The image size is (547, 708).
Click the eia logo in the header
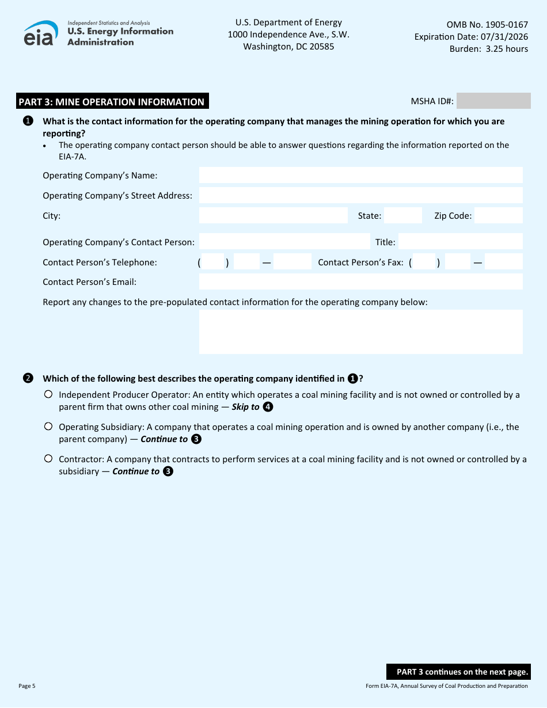click(41, 33)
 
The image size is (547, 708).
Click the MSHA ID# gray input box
click(493, 101)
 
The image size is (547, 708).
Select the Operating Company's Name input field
click(360, 175)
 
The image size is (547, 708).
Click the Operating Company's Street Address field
click(360, 195)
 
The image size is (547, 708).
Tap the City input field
click(273, 216)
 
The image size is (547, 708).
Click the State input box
click(402, 216)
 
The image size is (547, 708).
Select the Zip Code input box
click(498, 216)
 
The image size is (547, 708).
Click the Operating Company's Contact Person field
click(284, 242)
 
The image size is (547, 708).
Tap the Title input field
click(460, 242)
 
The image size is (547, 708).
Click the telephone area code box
click(212, 262)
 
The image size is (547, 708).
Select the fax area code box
click(424, 262)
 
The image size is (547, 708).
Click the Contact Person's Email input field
click(360, 281)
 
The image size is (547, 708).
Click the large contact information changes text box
click(360, 332)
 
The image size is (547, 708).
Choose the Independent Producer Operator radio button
click(48, 394)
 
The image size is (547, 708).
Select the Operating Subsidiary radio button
click(48, 427)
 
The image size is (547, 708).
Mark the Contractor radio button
click(48, 459)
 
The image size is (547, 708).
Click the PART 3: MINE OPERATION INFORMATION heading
click(112, 102)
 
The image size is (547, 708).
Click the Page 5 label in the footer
click(27, 686)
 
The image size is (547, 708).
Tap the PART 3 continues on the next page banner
click(458, 672)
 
